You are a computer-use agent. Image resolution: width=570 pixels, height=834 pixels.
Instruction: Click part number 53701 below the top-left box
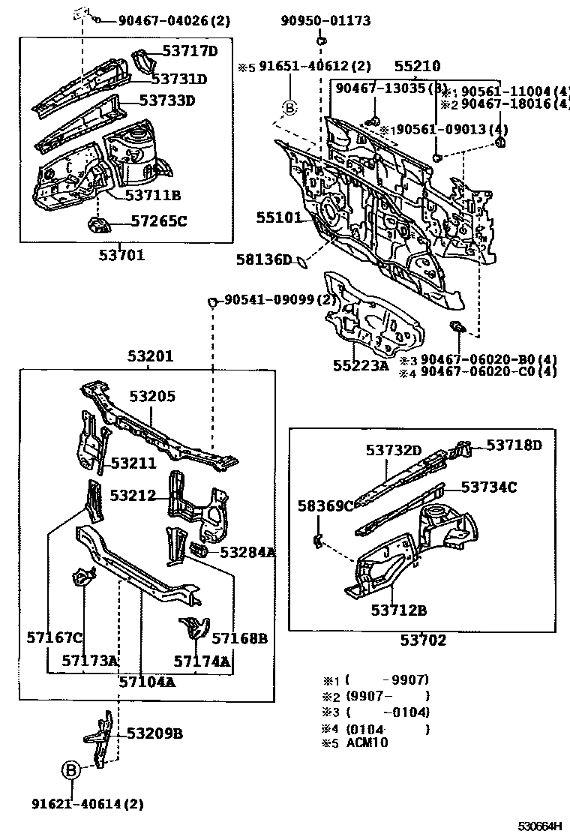(x=121, y=255)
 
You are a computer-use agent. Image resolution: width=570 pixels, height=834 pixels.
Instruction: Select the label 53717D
(x=190, y=51)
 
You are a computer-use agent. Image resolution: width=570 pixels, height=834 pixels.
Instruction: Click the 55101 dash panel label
(x=279, y=218)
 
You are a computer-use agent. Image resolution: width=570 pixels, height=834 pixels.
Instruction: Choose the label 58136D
(x=263, y=260)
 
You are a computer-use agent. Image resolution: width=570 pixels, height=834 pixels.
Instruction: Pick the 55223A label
(x=361, y=365)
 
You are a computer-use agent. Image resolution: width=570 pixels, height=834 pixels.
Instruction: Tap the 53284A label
(x=247, y=552)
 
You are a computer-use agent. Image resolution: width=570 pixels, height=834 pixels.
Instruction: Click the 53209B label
(x=154, y=733)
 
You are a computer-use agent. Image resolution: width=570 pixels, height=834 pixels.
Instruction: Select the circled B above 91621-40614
(x=70, y=770)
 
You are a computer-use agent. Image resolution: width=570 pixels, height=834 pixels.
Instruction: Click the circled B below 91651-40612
(x=290, y=109)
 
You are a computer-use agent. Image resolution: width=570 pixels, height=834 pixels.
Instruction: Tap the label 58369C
(x=325, y=505)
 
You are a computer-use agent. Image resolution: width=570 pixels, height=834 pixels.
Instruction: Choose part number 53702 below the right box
(x=423, y=640)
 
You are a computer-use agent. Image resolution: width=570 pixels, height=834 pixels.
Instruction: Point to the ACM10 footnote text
(x=367, y=743)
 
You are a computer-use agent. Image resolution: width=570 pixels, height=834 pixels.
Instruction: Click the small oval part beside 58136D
(x=301, y=261)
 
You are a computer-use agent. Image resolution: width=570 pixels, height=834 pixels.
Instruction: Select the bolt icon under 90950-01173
(x=320, y=40)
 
